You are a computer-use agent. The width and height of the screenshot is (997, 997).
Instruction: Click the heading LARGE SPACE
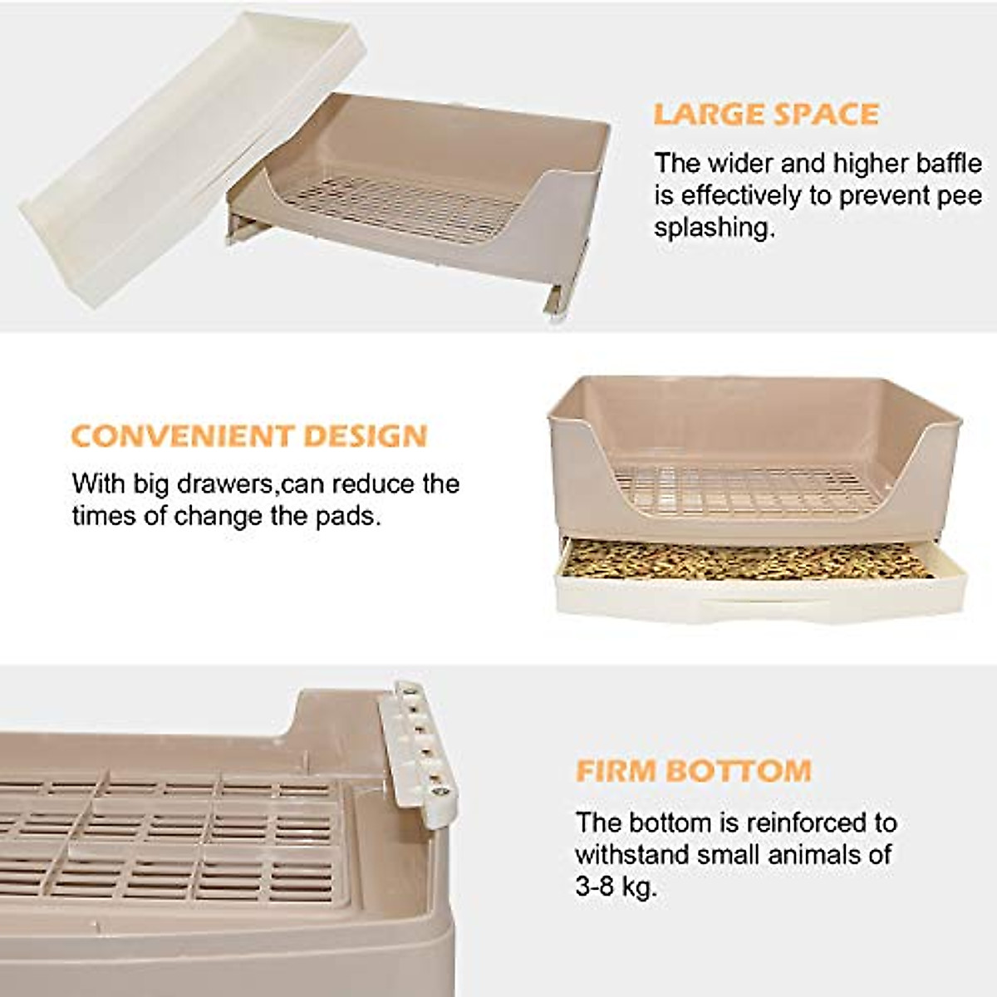765,114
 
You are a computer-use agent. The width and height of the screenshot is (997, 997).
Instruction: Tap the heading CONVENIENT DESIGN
249,436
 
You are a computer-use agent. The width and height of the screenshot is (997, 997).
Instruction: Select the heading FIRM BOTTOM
693,771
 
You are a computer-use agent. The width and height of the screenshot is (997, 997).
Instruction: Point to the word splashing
714,228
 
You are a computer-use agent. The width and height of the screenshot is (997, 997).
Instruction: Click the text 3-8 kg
616,886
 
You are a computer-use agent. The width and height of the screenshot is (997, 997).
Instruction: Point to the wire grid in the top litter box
407,208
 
